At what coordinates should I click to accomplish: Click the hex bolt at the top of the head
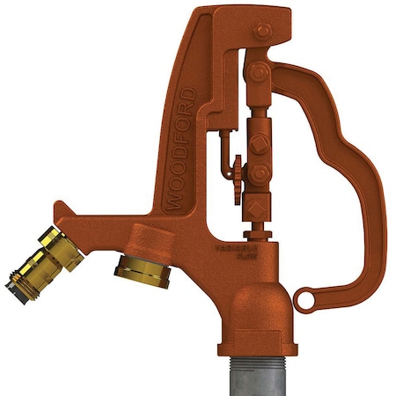[x=260, y=34]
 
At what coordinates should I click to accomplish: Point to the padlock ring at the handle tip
[x=305, y=300]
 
